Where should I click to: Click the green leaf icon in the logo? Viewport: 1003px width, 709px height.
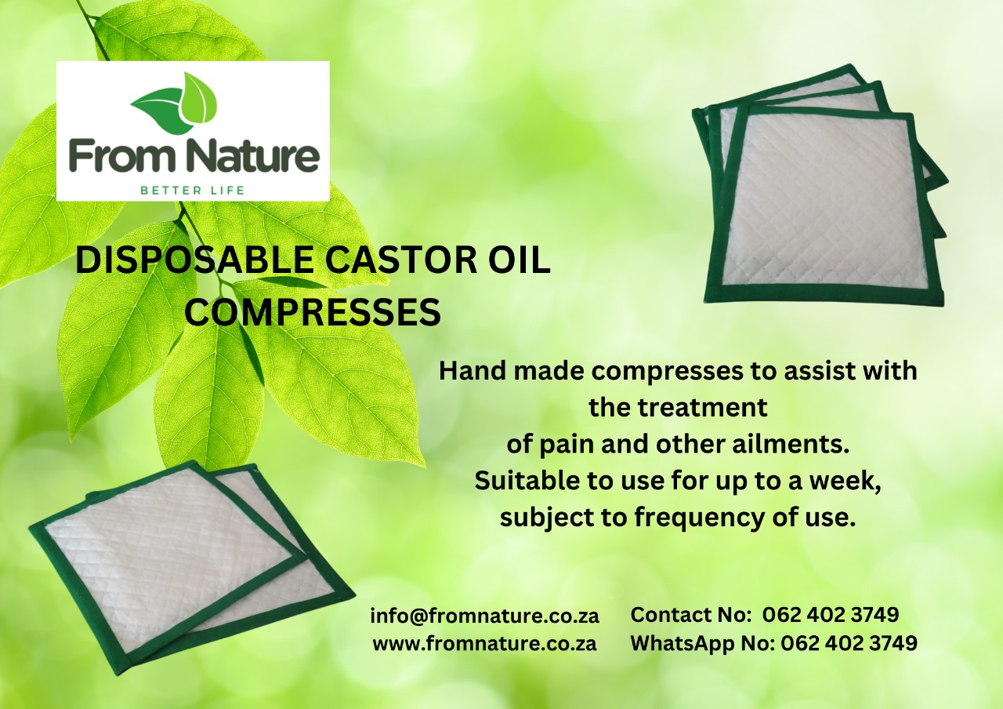click(x=175, y=103)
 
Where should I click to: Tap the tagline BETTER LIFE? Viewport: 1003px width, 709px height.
click(x=192, y=190)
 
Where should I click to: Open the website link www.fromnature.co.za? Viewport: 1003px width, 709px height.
click(x=484, y=644)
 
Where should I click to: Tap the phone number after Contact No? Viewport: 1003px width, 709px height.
click(x=830, y=615)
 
